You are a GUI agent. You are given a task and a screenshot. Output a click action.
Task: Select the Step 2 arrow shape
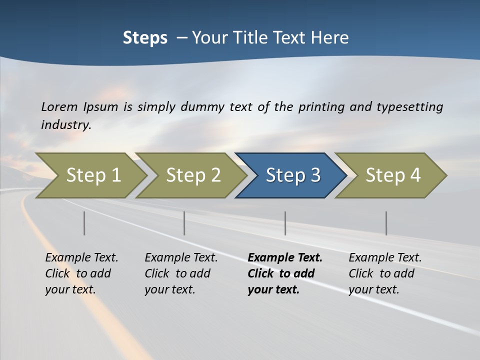(x=192, y=175)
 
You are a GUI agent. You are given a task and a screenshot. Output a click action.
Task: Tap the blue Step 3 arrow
(x=292, y=175)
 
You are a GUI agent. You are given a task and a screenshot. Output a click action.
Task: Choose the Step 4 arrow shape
(x=392, y=175)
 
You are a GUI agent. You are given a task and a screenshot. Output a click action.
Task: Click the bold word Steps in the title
(x=145, y=38)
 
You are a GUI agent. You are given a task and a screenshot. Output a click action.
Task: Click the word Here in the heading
(x=329, y=38)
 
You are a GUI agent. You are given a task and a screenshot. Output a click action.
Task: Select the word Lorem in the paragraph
(x=59, y=106)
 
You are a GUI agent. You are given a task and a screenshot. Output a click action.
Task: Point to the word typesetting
(x=409, y=106)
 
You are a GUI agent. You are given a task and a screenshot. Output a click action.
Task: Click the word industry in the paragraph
(x=65, y=124)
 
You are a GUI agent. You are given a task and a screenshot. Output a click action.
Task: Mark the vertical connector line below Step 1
(x=84, y=223)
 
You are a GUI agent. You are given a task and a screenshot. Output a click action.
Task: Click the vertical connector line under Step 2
(x=184, y=223)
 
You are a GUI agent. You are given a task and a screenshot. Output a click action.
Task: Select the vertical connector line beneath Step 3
(x=285, y=223)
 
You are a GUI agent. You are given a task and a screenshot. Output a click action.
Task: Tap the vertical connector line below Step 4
(x=386, y=223)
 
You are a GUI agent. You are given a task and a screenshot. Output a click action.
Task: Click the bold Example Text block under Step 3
(x=284, y=273)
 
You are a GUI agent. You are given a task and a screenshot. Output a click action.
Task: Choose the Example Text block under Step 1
(x=81, y=273)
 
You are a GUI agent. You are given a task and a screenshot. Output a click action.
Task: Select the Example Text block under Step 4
(x=385, y=273)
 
